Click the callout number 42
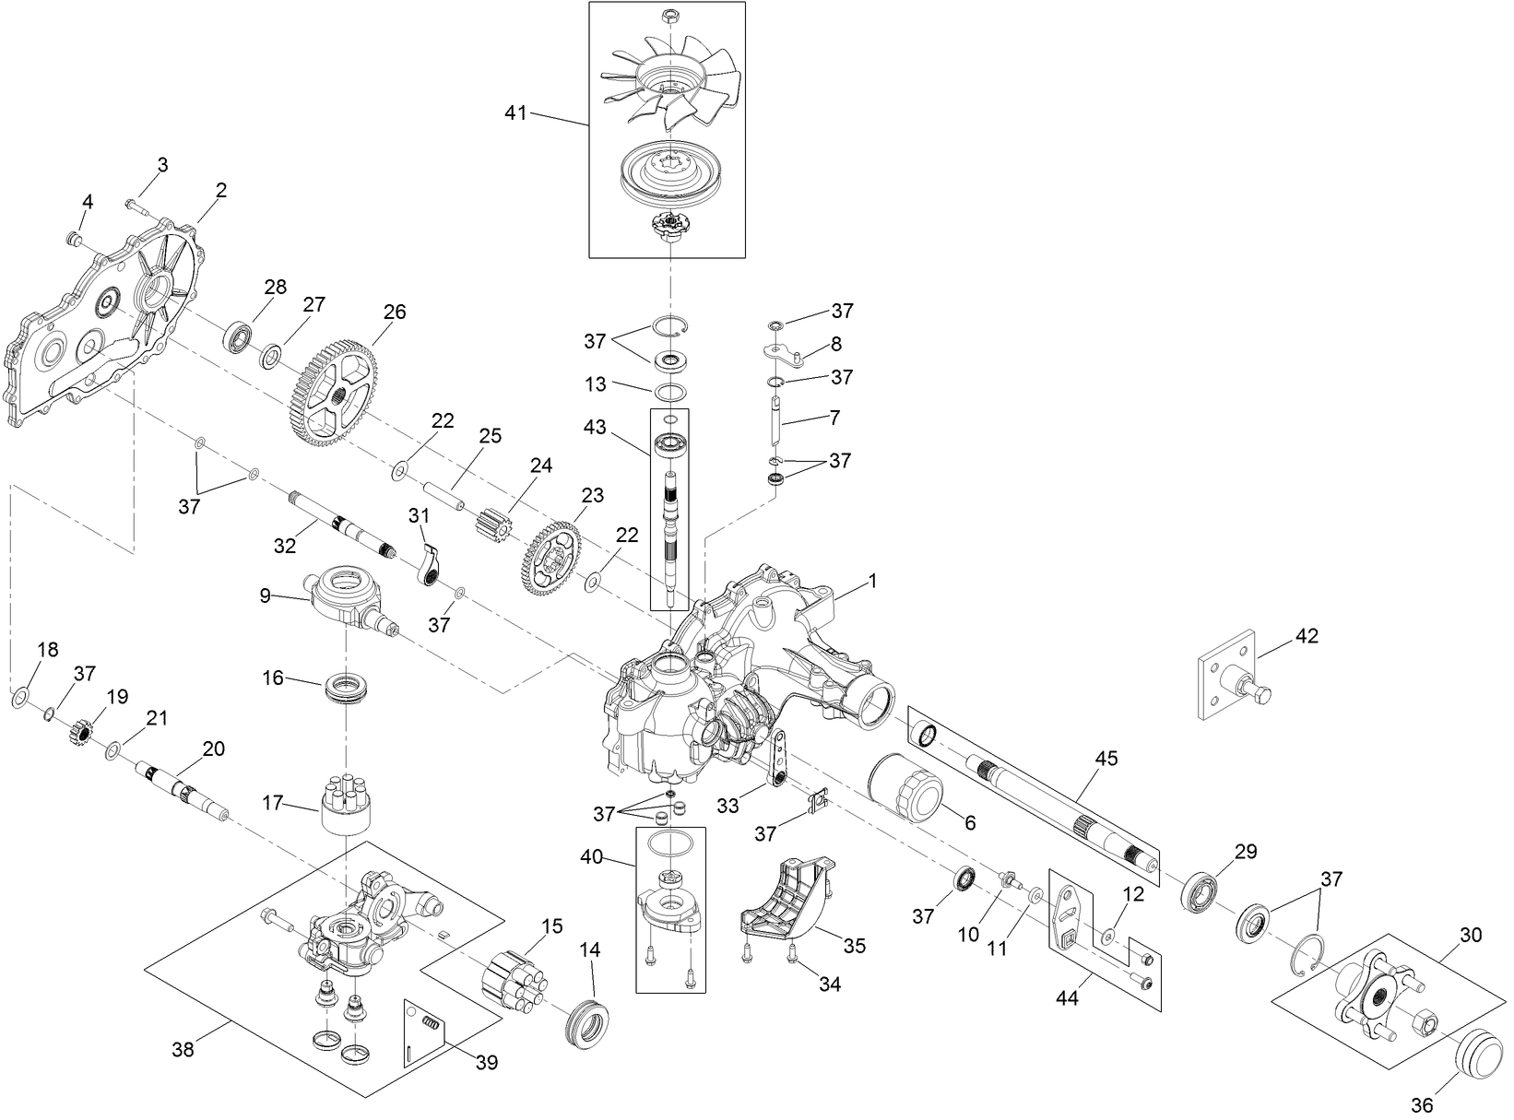1307,636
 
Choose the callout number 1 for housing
871,582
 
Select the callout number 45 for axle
1106,759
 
